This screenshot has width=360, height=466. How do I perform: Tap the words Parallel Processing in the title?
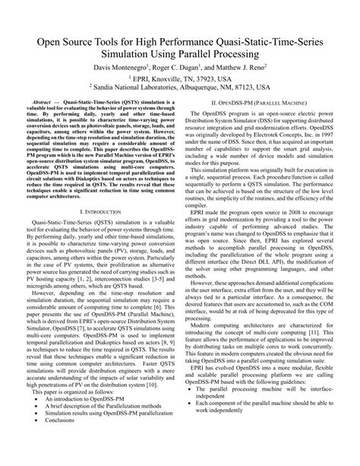coord(215,56)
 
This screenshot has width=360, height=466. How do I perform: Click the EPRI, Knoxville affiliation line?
coord(180,79)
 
